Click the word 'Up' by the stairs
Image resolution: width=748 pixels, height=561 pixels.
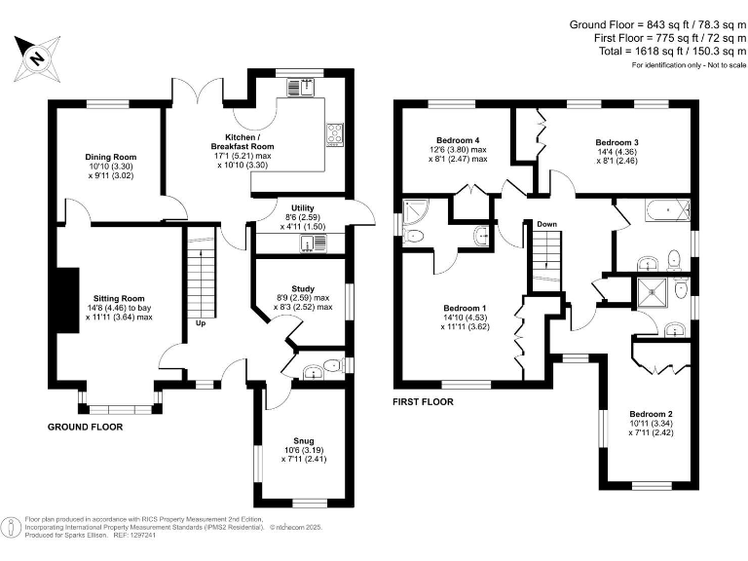pos(200,322)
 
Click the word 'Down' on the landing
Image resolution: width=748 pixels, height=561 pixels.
pos(546,224)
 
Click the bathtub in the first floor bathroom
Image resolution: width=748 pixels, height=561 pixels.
pos(663,208)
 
